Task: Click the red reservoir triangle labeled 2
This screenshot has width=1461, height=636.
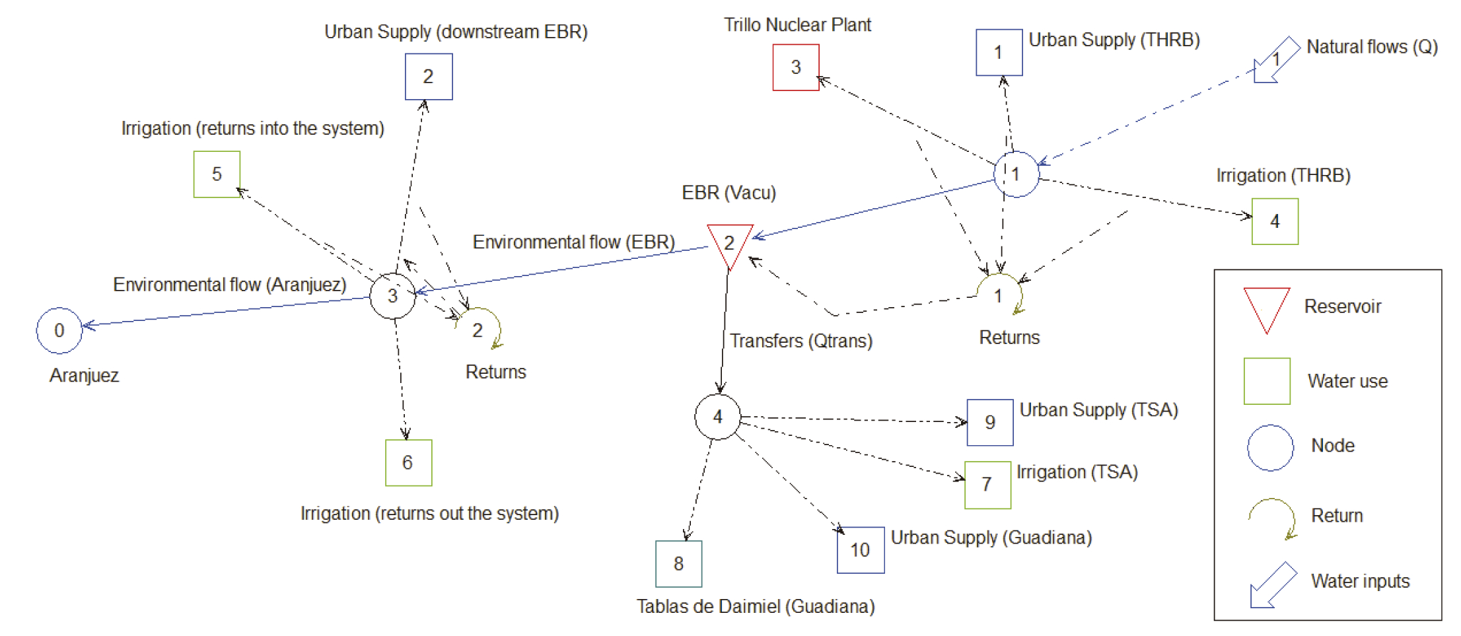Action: pyautogui.click(x=729, y=242)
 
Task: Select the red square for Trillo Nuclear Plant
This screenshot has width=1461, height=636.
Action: pyautogui.click(x=796, y=67)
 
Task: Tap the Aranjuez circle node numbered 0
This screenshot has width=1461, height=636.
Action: pyautogui.click(x=59, y=330)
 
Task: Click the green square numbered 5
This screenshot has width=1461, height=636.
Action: pyautogui.click(x=217, y=174)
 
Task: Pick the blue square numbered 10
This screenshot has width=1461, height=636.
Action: pyautogui.click(x=860, y=549)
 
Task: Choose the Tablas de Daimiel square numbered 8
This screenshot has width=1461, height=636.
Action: pyautogui.click(x=678, y=563)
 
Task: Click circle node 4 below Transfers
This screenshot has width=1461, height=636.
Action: pyautogui.click(x=717, y=417)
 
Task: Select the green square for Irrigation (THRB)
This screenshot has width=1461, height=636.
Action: pyautogui.click(x=1275, y=221)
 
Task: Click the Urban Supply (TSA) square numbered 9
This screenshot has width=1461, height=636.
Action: pyautogui.click(x=989, y=422)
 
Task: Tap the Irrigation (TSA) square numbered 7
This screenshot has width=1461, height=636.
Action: pyautogui.click(x=987, y=485)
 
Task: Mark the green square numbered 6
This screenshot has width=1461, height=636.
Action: pyautogui.click(x=408, y=462)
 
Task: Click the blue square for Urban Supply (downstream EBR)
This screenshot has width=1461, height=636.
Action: pyautogui.click(x=429, y=77)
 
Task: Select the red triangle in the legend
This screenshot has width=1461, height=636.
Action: pyautogui.click(x=1266, y=307)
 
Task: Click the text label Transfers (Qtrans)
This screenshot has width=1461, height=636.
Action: pyautogui.click(x=801, y=341)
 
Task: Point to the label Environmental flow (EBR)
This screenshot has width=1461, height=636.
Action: pyautogui.click(x=573, y=242)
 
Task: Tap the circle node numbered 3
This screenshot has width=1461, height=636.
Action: pyautogui.click(x=392, y=296)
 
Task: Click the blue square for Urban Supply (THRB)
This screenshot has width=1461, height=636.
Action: pyautogui.click(x=999, y=52)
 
